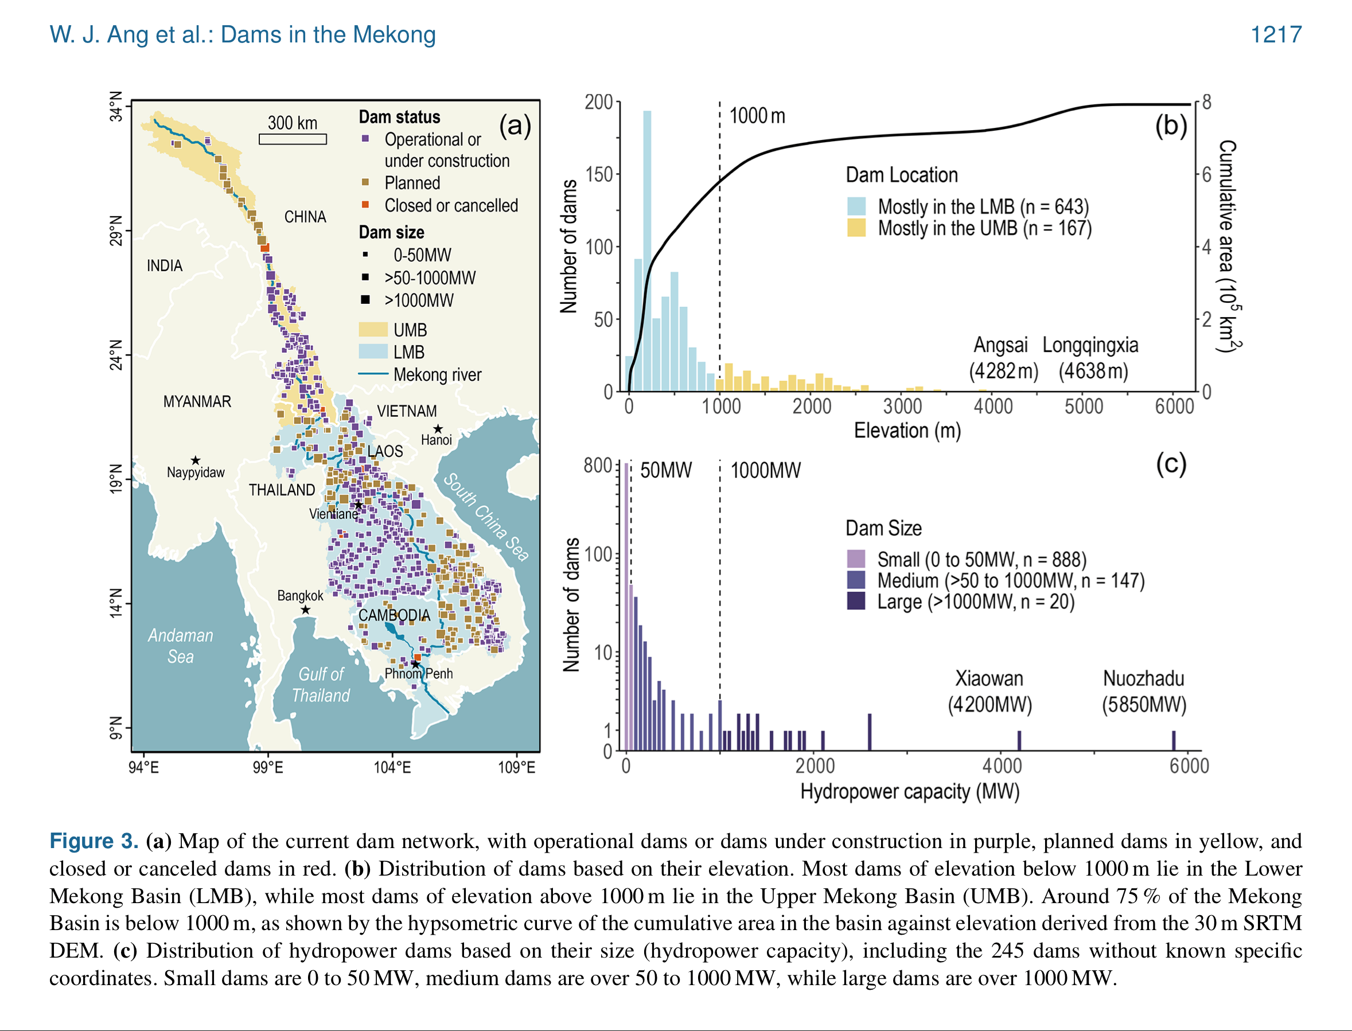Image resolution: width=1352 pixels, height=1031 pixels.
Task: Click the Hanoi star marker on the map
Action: pyautogui.click(x=438, y=429)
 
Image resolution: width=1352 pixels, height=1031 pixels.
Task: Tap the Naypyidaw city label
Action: pyautogui.click(x=195, y=472)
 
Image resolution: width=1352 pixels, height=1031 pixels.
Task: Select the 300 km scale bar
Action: pyautogui.click(x=293, y=139)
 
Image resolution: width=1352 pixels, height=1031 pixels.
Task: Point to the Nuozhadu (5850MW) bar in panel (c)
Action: pyautogui.click(x=1174, y=740)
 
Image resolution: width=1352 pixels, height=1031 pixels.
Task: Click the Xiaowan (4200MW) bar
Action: pyautogui.click(x=1019, y=740)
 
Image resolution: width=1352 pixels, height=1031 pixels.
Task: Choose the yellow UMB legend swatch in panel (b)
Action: pyautogui.click(x=856, y=228)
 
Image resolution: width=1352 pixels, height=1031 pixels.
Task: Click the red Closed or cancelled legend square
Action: pyautogui.click(x=365, y=205)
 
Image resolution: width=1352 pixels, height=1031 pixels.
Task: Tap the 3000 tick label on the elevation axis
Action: pyautogui.click(x=902, y=406)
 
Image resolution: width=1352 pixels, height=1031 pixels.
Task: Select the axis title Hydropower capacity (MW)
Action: pyautogui.click(x=909, y=791)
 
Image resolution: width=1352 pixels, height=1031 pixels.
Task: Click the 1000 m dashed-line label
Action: pyautogui.click(x=757, y=115)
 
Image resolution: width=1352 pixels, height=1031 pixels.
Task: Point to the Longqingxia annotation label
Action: pyautogui.click(x=1090, y=346)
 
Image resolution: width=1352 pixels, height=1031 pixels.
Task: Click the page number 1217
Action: pyautogui.click(x=1276, y=34)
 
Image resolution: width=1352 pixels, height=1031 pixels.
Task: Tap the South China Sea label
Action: pyautogui.click(x=486, y=517)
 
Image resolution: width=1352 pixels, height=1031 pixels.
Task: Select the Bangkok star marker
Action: pyautogui.click(x=305, y=610)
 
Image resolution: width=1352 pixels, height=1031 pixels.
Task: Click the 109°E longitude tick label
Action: pyautogui.click(x=516, y=767)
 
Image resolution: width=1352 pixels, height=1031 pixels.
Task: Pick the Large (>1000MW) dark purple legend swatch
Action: pyautogui.click(x=856, y=601)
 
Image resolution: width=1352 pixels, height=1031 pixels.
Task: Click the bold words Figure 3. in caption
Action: pyautogui.click(x=94, y=841)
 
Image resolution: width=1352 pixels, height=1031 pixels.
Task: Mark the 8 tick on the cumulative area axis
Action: pyautogui.click(x=1206, y=102)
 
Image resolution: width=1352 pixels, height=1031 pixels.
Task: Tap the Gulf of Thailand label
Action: pyautogui.click(x=321, y=684)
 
